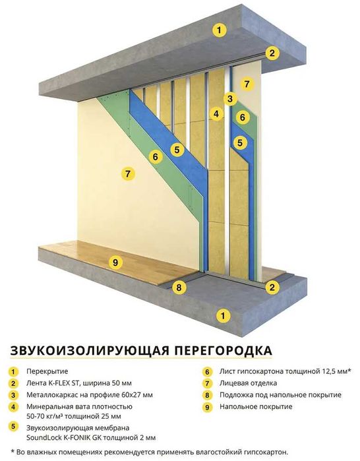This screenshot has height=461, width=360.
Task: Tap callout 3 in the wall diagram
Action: click(x=229, y=99)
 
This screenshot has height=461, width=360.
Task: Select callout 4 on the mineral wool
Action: click(x=215, y=113)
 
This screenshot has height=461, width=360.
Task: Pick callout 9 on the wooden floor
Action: click(x=115, y=263)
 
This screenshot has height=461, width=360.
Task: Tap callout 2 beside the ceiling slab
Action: click(x=271, y=53)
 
